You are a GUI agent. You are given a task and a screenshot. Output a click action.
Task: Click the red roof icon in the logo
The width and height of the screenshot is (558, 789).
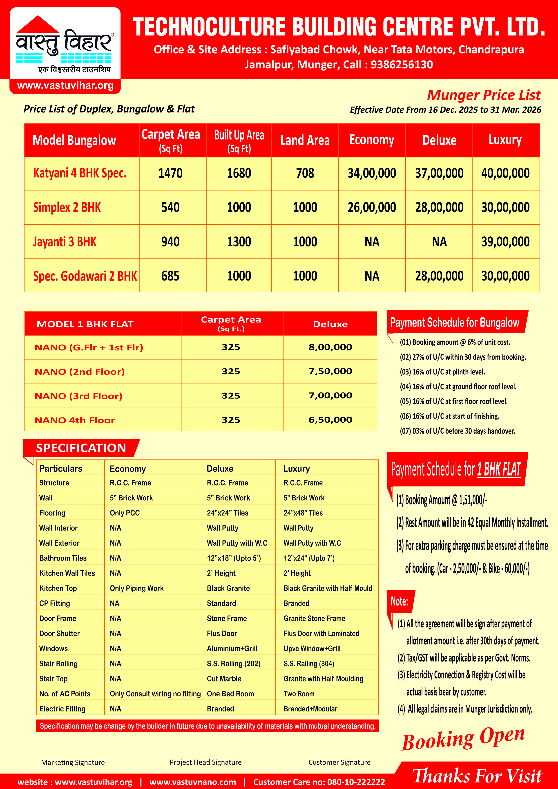click(x=38, y=25)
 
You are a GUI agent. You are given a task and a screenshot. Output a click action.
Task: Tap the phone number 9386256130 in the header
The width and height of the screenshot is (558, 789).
click(x=401, y=65)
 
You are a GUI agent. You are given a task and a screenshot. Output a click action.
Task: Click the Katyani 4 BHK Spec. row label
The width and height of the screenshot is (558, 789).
click(x=80, y=173)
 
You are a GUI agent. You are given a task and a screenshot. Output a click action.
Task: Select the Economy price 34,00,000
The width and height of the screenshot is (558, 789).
click(x=372, y=173)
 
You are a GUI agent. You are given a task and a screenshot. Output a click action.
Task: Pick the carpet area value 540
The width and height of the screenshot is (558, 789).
click(x=170, y=208)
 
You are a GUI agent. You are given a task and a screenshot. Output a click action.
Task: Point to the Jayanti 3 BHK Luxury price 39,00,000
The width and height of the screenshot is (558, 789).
click(x=505, y=242)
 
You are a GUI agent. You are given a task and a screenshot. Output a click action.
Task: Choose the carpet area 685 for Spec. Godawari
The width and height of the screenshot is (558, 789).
click(x=170, y=276)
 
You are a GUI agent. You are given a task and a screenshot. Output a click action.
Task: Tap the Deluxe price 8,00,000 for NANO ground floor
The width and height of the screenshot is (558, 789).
click(x=330, y=347)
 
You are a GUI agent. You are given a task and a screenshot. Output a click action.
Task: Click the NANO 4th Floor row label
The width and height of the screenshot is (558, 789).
click(x=75, y=420)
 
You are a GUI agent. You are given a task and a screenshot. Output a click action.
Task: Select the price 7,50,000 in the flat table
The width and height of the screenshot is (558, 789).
click(x=330, y=371)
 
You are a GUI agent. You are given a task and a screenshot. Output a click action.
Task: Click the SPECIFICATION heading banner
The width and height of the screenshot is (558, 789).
click(x=81, y=448)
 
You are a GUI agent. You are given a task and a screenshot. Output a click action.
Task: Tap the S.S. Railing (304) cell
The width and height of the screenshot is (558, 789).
click(x=308, y=663)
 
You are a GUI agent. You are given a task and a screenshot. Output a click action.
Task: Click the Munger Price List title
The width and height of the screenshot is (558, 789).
click(x=483, y=95)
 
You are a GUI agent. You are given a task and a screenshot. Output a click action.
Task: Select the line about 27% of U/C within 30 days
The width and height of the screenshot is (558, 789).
click(x=462, y=357)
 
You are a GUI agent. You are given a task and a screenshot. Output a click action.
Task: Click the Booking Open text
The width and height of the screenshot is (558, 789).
click(x=463, y=738)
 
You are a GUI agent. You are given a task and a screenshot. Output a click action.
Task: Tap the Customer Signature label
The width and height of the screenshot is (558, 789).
click(x=339, y=762)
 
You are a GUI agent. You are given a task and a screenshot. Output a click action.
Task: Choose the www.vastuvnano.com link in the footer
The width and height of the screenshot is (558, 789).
click(x=193, y=782)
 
